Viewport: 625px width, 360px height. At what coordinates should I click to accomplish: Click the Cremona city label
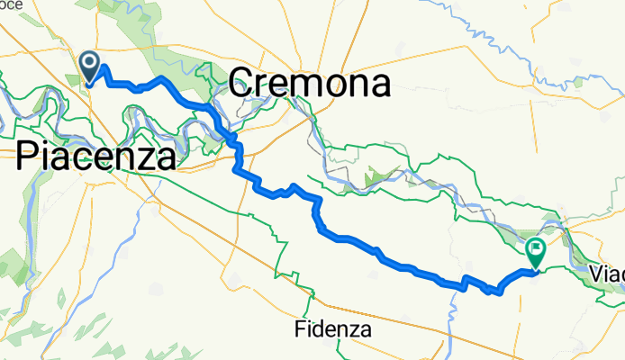click(x=310, y=85)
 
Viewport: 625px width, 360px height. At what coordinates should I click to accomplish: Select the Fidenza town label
click(x=333, y=329)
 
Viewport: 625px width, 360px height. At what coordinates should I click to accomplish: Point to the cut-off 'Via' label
click(x=608, y=271)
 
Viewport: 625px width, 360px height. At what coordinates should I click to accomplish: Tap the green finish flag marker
click(x=535, y=251)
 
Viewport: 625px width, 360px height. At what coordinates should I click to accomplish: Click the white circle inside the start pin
click(x=91, y=62)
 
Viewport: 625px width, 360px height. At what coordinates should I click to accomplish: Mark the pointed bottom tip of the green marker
click(x=535, y=268)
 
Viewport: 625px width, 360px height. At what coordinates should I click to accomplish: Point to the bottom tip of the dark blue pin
click(x=91, y=85)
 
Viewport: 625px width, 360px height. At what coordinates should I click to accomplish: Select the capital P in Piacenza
click(x=28, y=157)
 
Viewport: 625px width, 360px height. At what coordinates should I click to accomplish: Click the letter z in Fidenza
click(x=354, y=330)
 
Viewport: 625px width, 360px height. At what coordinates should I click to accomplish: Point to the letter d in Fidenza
click(x=321, y=329)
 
